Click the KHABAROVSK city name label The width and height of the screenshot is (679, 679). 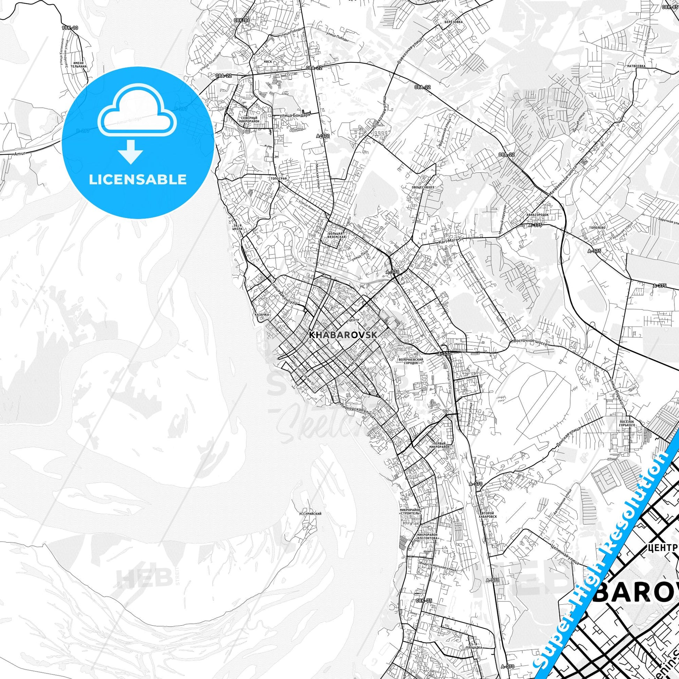(x=343, y=335)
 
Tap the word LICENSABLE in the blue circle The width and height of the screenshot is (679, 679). (x=137, y=179)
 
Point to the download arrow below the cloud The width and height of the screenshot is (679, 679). (x=130, y=151)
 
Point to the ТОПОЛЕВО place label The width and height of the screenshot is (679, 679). (x=597, y=227)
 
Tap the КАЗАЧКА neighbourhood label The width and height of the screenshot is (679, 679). (x=262, y=315)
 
